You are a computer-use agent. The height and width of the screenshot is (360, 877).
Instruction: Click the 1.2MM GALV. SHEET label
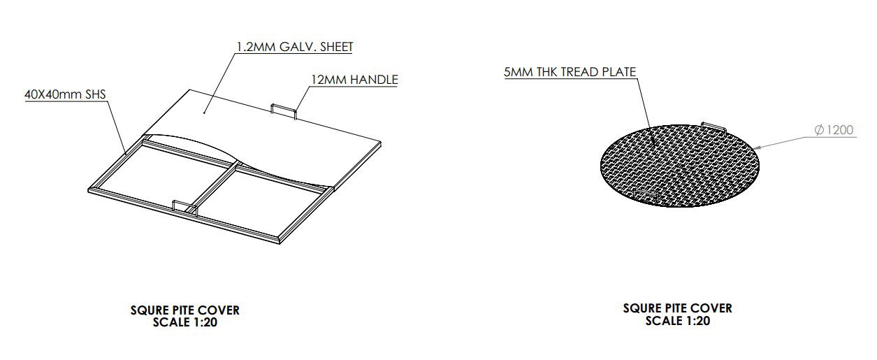295,47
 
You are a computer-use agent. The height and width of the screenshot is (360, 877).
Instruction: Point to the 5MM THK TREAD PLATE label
569,72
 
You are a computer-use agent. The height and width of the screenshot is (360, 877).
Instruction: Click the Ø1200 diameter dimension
834,130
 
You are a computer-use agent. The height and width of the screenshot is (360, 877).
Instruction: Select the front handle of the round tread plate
643,192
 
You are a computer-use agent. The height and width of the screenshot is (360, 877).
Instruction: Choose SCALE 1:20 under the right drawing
677,322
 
